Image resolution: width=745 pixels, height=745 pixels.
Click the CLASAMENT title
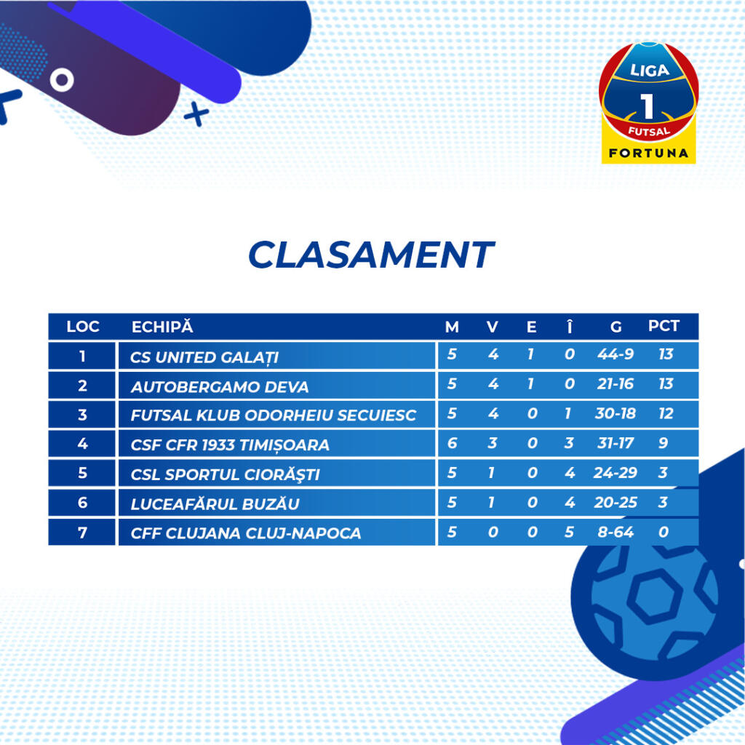point(371,254)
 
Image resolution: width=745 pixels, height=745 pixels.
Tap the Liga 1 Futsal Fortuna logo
point(648,103)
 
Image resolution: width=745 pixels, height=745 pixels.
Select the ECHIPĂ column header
point(162,327)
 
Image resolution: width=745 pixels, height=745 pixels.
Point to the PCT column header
point(664,326)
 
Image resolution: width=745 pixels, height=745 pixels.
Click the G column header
point(615,327)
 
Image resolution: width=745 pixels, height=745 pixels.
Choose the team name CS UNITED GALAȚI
point(204,357)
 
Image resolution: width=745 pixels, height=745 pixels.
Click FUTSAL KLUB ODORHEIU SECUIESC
point(274,415)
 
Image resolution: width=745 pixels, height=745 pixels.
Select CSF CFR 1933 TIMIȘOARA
point(230,445)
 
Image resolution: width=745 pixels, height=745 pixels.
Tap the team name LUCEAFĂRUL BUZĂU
point(215,503)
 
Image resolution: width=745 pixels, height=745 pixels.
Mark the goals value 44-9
point(615,354)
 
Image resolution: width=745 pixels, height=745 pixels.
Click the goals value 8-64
point(615,532)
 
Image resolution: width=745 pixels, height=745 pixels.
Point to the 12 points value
point(666,413)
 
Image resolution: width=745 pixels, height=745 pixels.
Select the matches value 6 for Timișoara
point(452,443)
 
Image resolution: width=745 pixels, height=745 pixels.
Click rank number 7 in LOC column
point(82,532)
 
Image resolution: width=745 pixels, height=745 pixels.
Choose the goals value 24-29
point(615,473)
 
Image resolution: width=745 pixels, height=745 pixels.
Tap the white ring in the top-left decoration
point(62,80)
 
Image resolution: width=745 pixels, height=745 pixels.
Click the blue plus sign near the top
point(196,114)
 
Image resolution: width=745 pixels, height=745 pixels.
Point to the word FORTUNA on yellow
point(648,153)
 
